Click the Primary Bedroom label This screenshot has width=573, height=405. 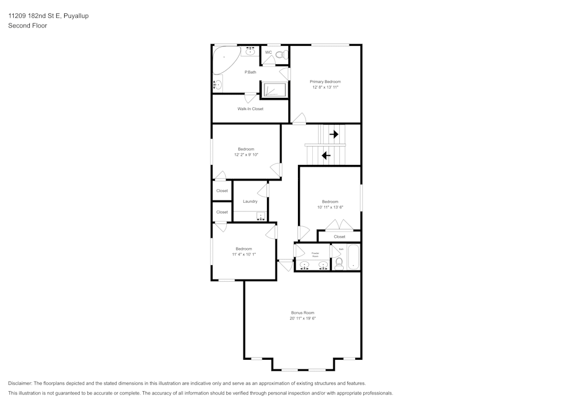pyautogui.click(x=325, y=82)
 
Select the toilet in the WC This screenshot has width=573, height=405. pyautogui.click(x=280, y=55)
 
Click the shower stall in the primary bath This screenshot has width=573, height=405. pyautogui.click(x=274, y=91)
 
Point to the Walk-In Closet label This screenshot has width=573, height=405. pyautogui.click(x=250, y=109)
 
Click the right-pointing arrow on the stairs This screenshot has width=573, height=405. pyautogui.click(x=333, y=135)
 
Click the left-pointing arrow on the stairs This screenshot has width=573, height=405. pyautogui.click(x=326, y=155)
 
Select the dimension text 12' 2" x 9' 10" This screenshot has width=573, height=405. pyautogui.click(x=246, y=155)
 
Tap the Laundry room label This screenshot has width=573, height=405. pyautogui.click(x=250, y=202)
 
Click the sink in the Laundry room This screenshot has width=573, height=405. pyautogui.click(x=261, y=216)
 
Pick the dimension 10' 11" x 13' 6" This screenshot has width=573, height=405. pyautogui.click(x=330, y=207)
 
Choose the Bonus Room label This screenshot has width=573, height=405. pyautogui.click(x=303, y=313)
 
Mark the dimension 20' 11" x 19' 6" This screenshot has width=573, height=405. pyautogui.click(x=303, y=319)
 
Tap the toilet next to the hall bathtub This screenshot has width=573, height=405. pyautogui.click(x=339, y=263)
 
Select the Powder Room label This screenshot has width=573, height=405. pyautogui.click(x=315, y=254)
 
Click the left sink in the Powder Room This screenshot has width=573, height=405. pyautogui.click(x=304, y=265)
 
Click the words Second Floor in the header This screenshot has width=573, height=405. pyautogui.click(x=28, y=26)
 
